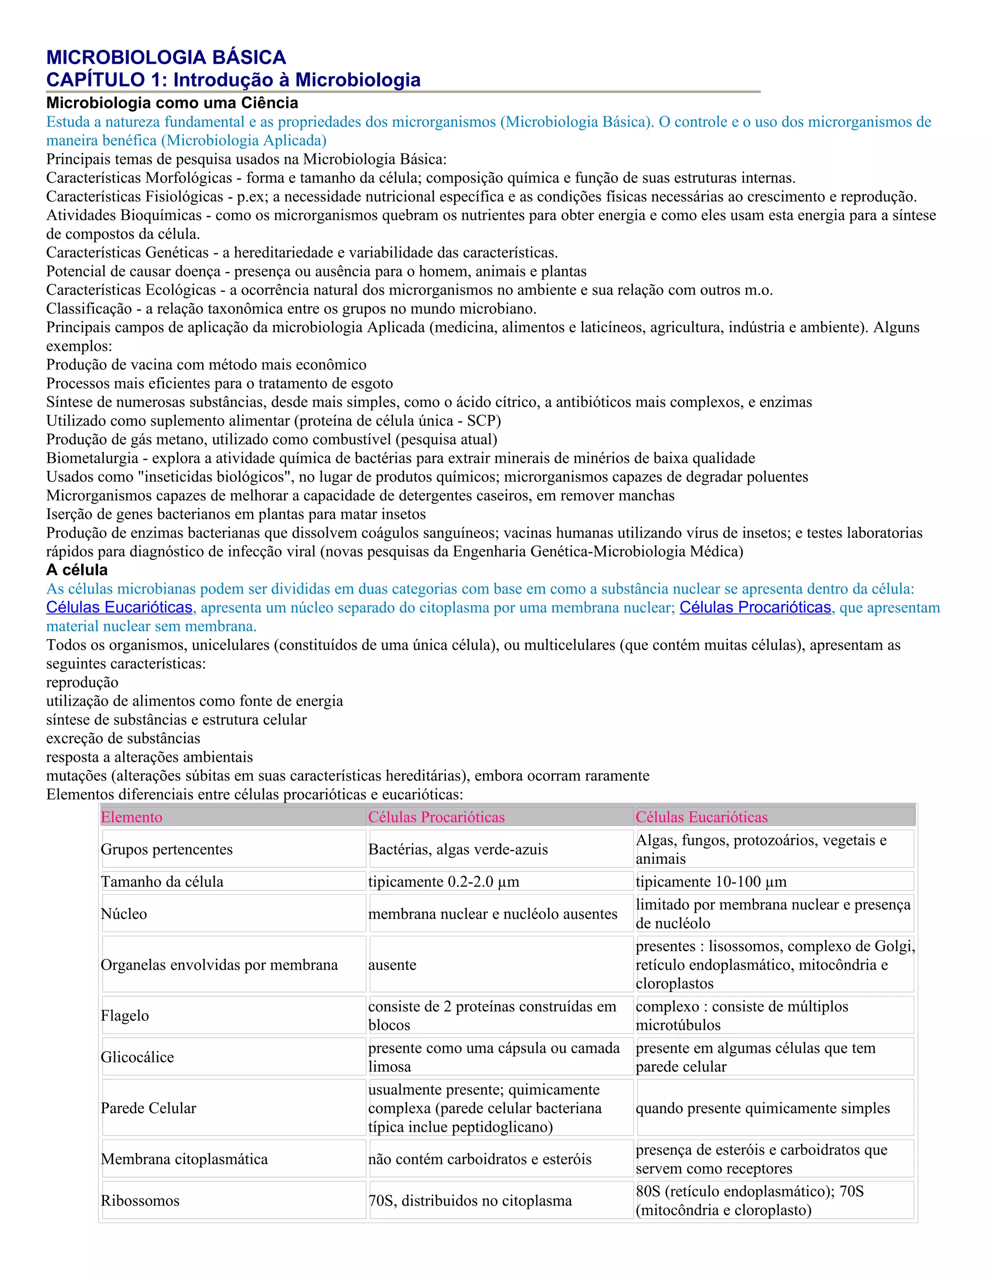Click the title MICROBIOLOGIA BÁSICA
166,58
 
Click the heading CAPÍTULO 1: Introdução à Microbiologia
233,80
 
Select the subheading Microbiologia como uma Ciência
172,103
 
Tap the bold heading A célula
77,570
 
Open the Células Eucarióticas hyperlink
119,607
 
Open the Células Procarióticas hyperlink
755,607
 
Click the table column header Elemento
131,817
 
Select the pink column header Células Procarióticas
437,817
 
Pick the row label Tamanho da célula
162,882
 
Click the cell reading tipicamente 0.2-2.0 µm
443,882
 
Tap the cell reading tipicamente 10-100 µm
711,882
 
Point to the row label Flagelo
124,1015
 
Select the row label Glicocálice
137,1057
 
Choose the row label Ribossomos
140,1201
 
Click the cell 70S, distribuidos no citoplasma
470,1201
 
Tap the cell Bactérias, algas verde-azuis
458,849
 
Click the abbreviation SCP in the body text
481,421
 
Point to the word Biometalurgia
92,458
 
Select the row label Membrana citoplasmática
184,1159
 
